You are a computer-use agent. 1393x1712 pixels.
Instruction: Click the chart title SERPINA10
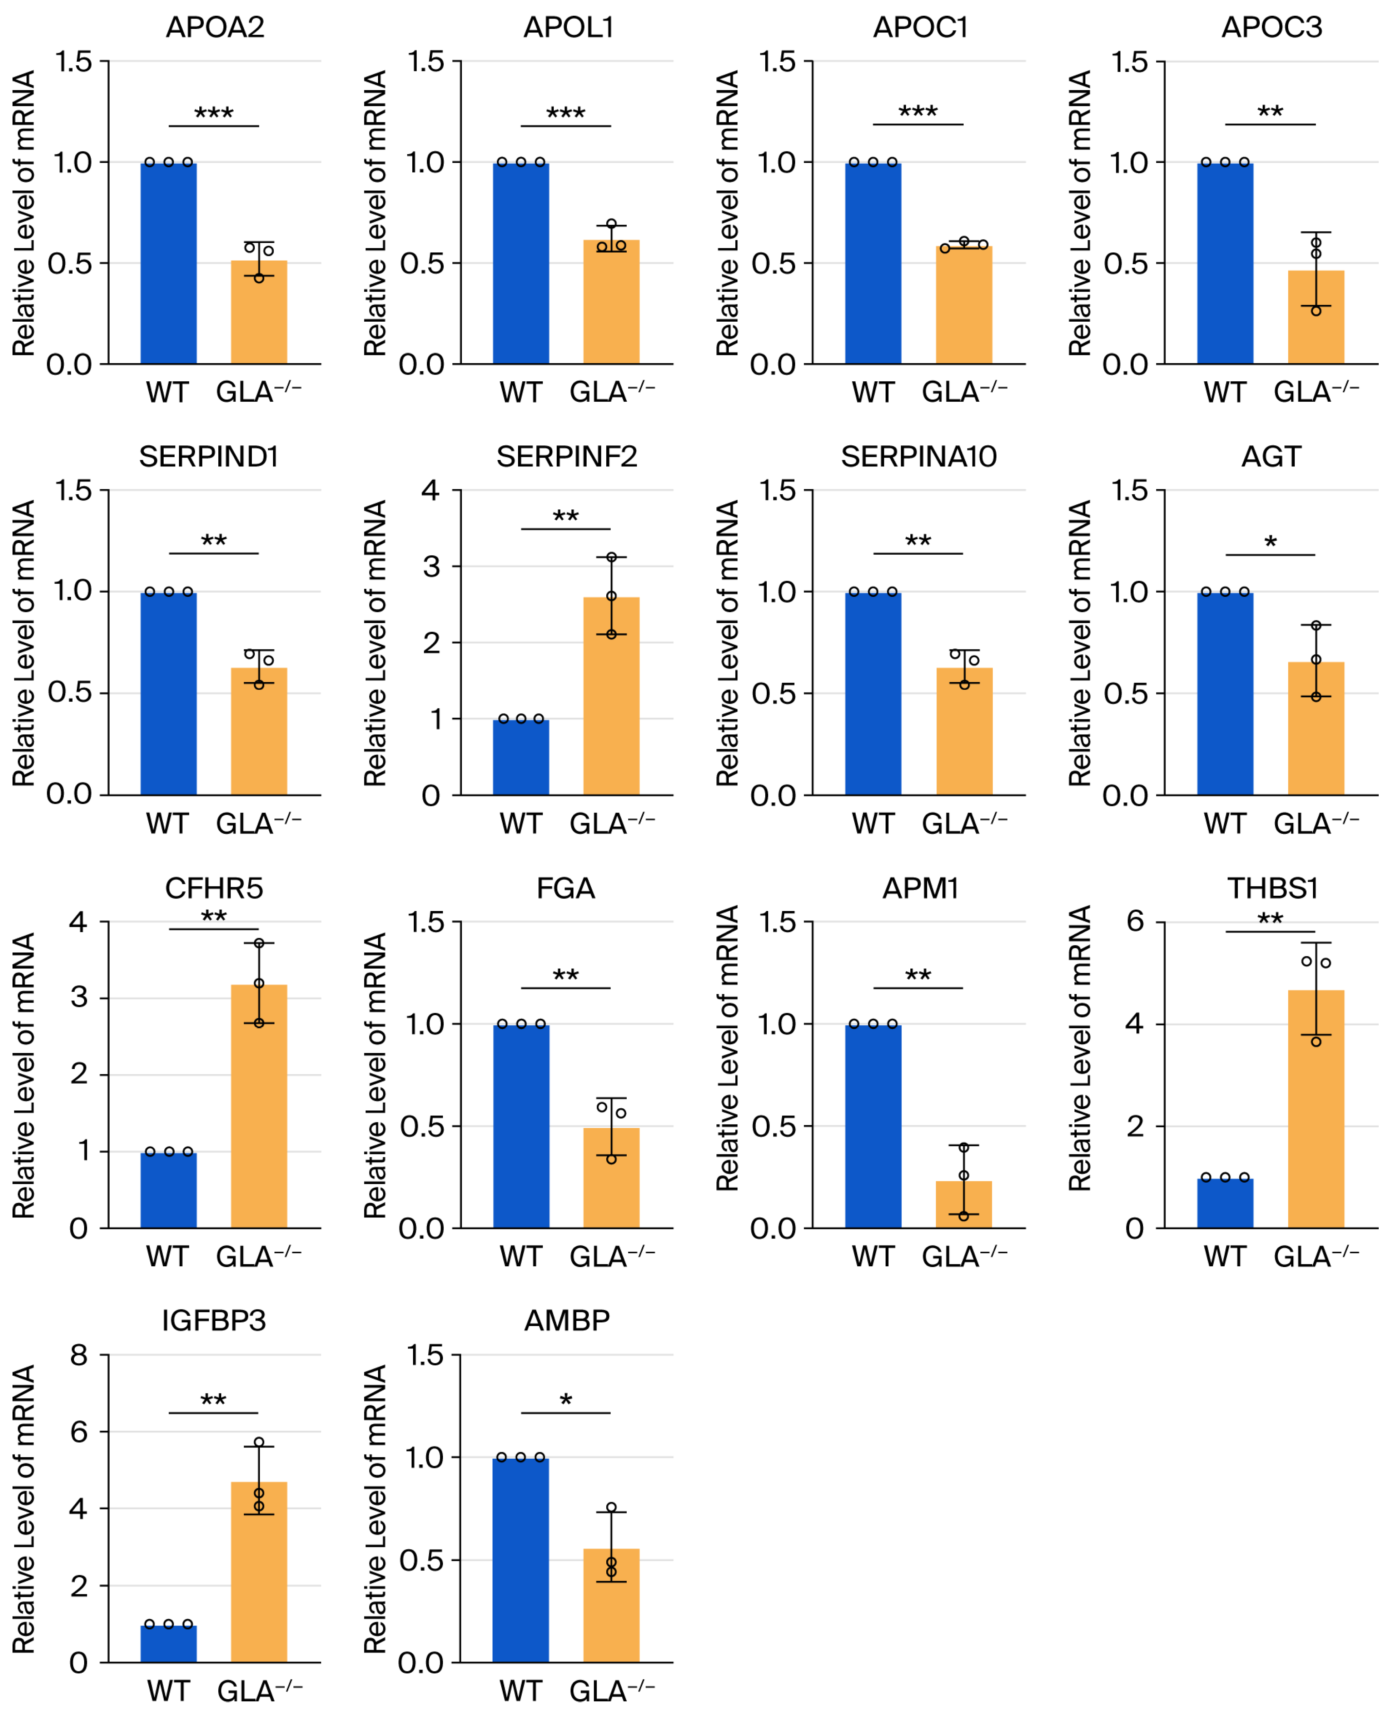click(x=919, y=457)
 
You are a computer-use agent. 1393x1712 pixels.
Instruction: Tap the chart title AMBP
click(x=567, y=1320)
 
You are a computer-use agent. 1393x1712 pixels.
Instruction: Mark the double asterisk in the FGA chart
click(x=566, y=975)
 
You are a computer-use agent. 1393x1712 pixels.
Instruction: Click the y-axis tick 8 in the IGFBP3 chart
click(x=79, y=1356)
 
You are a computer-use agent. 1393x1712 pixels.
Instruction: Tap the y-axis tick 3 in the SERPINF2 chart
click(x=432, y=566)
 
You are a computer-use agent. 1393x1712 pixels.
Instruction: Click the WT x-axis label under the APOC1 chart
click(x=873, y=392)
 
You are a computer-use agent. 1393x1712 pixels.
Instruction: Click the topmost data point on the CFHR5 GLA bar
click(x=259, y=944)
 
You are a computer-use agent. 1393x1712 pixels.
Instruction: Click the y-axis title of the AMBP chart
click(x=375, y=1509)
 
